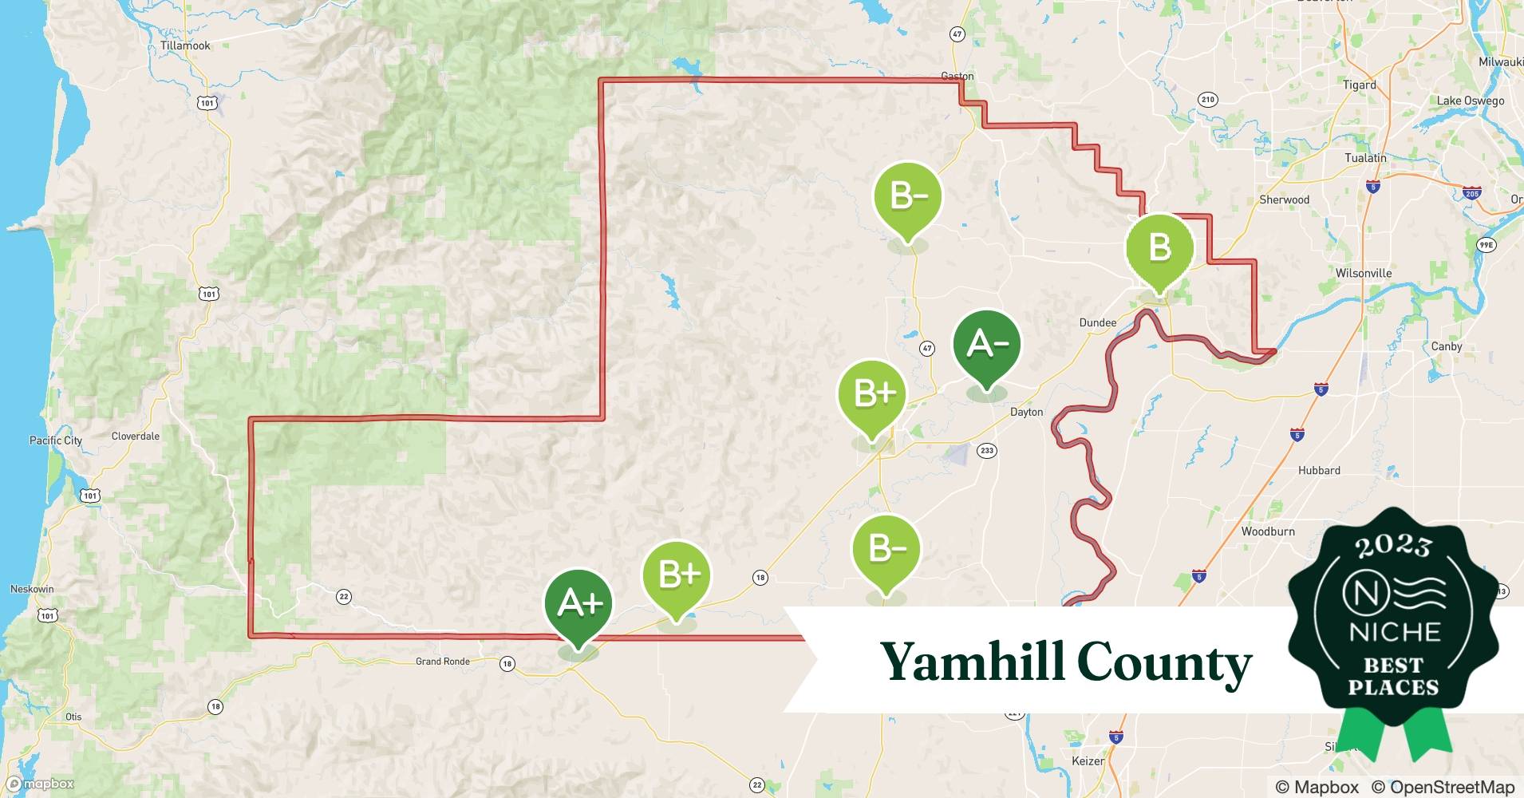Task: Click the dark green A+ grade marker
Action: [578, 604]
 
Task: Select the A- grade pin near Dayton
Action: [987, 346]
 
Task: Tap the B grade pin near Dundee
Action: [1159, 248]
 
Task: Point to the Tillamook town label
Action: [185, 45]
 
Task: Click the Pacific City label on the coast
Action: [56, 440]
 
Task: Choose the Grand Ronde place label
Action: [442, 662]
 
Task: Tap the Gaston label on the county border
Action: [957, 77]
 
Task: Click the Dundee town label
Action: [1097, 322]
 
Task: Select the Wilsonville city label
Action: [1364, 273]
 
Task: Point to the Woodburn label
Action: [1268, 531]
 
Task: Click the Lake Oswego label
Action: [1471, 101]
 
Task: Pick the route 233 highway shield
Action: [987, 451]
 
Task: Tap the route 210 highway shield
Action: [1207, 100]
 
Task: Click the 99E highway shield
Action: [1486, 245]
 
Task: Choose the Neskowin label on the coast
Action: [32, 590]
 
